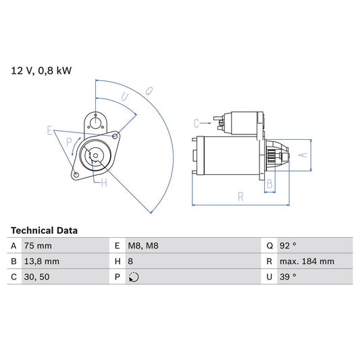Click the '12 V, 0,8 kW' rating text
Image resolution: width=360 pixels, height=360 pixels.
[41, 70]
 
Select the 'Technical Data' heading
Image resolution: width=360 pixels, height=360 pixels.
[44, 230]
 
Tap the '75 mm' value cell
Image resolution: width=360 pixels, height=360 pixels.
[37, 246]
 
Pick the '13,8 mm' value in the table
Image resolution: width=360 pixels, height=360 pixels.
[41, 261]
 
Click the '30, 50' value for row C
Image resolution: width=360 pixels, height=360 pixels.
[36, 277]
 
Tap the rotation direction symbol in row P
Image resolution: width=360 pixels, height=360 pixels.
[133, 277]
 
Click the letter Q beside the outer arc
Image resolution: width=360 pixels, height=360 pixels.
[149, 91]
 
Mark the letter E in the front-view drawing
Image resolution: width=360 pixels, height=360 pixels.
[50, 130]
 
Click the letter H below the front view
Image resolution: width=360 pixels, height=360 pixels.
[104, 182]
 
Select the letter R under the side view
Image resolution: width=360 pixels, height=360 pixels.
[240, 196]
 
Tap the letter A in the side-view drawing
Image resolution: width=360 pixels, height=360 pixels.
[303, 155]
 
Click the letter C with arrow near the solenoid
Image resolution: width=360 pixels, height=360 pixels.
[197, 123]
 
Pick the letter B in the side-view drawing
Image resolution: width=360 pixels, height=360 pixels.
[269, 183]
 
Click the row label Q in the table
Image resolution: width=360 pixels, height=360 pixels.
[269, 246]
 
